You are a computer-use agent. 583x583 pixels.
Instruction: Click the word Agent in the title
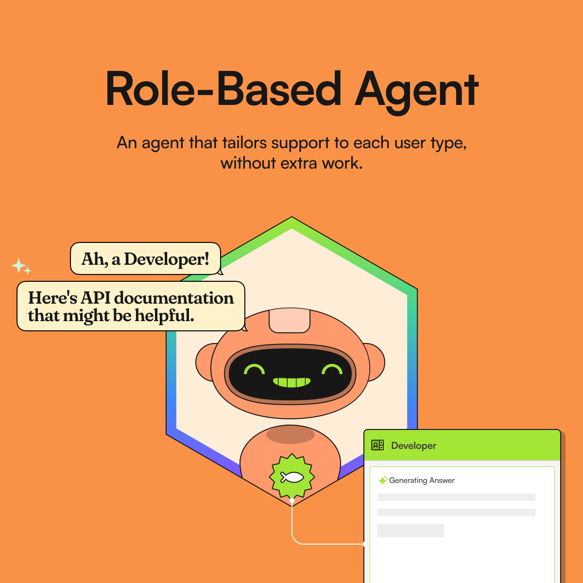[x=417, y=90]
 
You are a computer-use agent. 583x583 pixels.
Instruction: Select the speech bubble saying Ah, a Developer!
[x=145, y=258]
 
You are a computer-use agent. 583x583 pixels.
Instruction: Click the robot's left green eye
[x=254, y=370]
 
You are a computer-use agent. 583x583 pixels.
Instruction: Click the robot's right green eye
[x=332, y=370]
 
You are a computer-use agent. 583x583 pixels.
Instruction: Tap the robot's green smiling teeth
[x=291, y=382]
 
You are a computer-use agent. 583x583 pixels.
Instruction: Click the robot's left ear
[x=204, y=362]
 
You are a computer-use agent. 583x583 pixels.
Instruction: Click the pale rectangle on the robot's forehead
[x=290, y=321]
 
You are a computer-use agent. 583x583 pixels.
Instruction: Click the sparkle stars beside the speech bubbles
[x=21, y=267]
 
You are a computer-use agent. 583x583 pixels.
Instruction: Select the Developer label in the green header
[x=413, y=446]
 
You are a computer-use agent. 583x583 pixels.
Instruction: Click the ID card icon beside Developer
[x=377, y=445]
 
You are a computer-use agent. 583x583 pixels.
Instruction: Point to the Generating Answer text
[x=422, y=480]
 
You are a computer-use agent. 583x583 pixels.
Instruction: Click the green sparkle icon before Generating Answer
[x=383, y=480]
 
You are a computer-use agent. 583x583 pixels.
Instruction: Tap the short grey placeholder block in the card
[x=411, y=530]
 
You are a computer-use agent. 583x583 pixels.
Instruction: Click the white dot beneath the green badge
[x=292, y=500]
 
